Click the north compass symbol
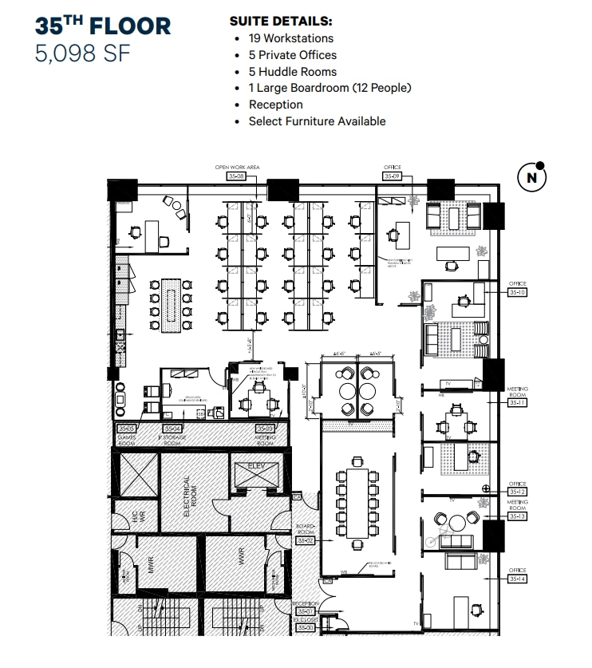(x=531, y=178)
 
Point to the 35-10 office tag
(x=517, y=291)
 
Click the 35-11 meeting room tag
(x=517, y=403)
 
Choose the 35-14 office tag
(x=517, y=578)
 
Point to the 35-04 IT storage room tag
(x=172, y=429)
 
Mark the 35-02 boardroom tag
(x=306, y=540)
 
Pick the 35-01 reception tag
(x=306, y=611)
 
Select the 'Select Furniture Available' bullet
(x=317, y=121)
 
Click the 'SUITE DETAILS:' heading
(x=281, y=22)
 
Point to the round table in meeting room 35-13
(x=455, y=524)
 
